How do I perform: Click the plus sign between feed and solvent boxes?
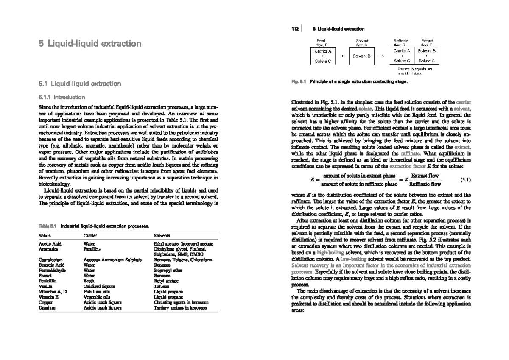(342, 56)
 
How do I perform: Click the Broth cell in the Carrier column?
(89, 281)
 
